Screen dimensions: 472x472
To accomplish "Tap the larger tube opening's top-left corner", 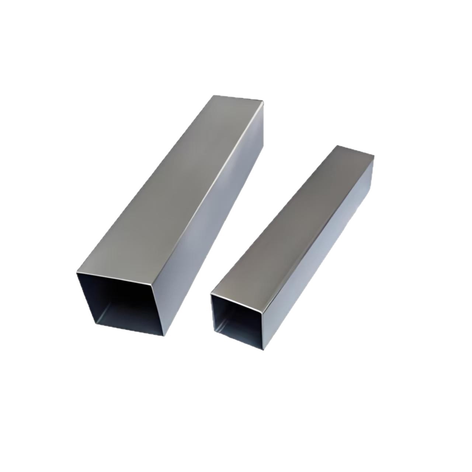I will tap(77, 273).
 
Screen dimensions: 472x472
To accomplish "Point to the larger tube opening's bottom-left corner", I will tap(97, 324).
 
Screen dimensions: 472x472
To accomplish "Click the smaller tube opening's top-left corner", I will tap(211, 294).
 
